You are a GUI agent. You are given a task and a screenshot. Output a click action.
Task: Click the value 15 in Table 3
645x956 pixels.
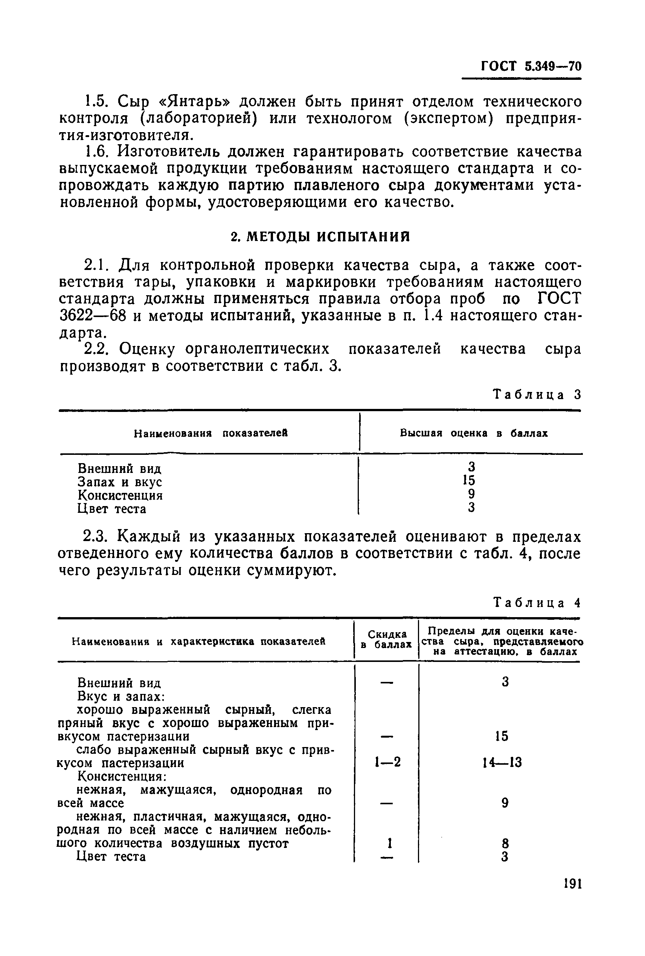pyautogui.click(x=469, y=480)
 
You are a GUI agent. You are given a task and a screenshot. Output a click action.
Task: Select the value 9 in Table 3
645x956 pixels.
pyautogui.click(x=471, y=494)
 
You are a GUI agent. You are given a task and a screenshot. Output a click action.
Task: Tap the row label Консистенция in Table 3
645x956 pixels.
pyautogui.click(x=120, y=495)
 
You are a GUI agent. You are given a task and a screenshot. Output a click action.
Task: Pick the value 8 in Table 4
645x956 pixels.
pyautogui.click(x=506, y=843)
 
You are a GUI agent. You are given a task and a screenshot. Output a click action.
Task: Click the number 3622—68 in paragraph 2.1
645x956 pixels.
pyautogui.click(x=92, y=316)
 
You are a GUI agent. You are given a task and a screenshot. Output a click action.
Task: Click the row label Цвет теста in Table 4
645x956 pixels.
pyautogui.click(x=111, y=857)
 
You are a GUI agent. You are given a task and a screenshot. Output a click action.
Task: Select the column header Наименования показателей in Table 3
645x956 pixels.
pyautogui.click(x=210, y=433)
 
